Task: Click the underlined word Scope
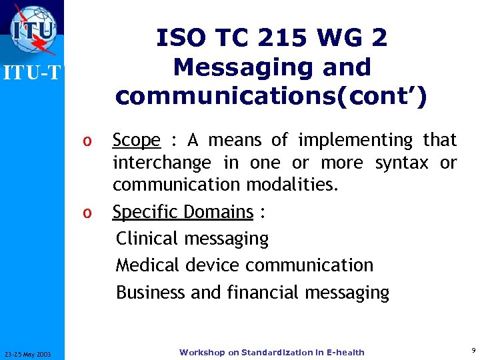(x=136, y=140)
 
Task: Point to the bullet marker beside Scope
(x=85, y=141)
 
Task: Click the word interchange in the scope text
(x=161, y=163)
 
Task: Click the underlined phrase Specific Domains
(x=183, y=212)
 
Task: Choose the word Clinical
(x=147, y=238)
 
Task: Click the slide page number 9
(x=473, y=350)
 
